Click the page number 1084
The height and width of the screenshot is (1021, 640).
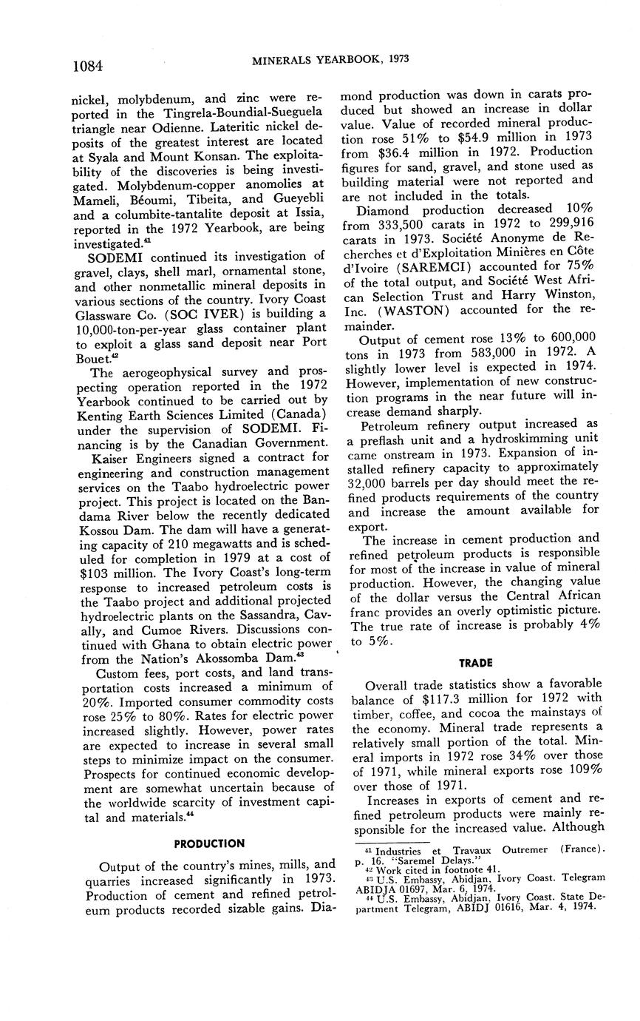tap(88, 66)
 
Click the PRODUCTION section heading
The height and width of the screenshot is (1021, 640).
tap(209, 843)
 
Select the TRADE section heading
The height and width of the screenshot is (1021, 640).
tap(476, 662)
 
